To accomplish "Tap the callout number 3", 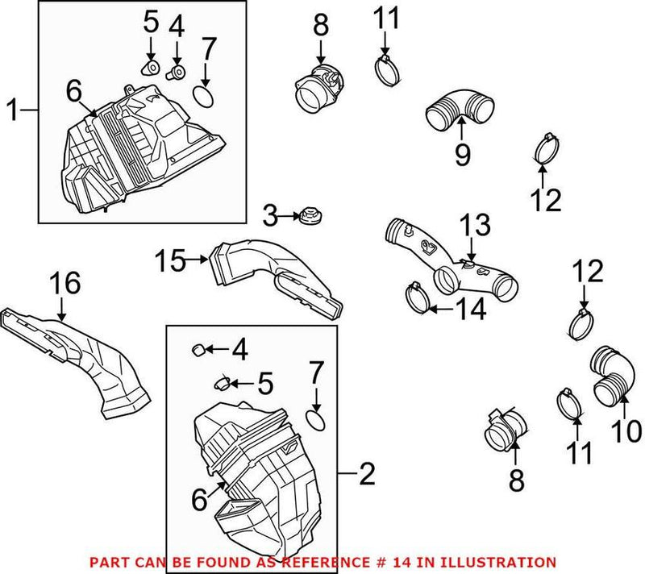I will [272, 215].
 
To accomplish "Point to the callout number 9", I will [462, 153].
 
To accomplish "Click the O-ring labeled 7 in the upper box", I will [206, 98].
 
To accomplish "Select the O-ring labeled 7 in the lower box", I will [317, 419].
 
